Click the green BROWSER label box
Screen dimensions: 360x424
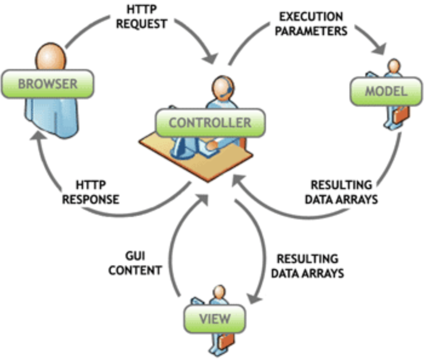coord(47,83)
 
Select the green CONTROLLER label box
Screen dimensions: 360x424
coord(210,122)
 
